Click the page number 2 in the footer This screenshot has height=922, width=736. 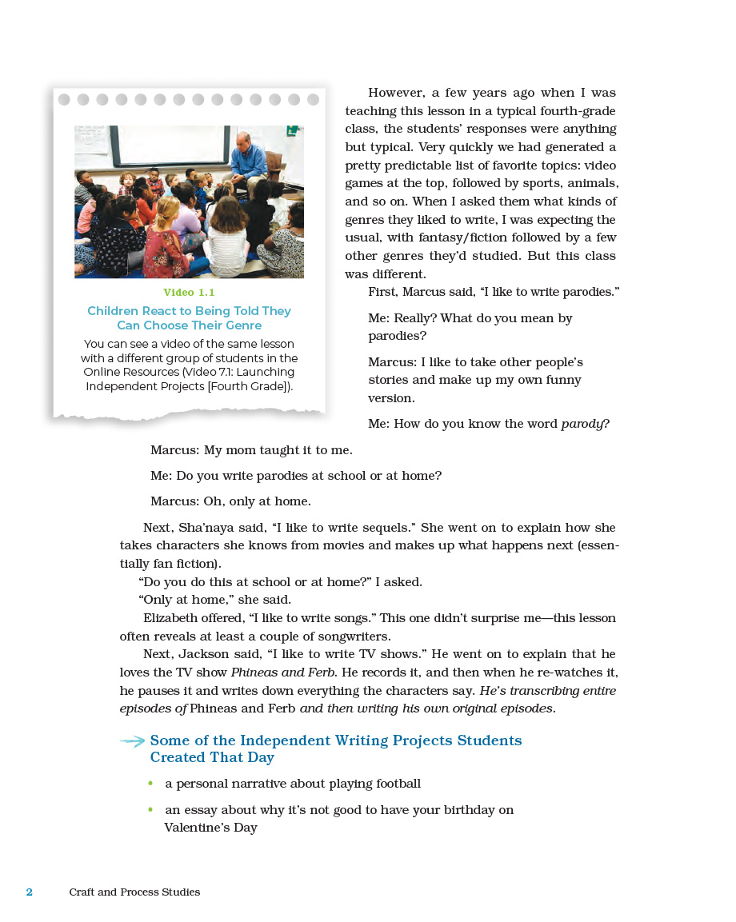[30, 892]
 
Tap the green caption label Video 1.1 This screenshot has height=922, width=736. [189, 293]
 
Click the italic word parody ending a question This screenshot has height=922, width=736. [582, 424]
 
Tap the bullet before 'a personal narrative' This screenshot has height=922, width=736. [150, 784]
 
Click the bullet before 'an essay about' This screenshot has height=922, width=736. [150, 810]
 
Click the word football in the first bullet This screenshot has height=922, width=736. [394, 784]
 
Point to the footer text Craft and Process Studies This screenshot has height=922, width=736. [134, 892]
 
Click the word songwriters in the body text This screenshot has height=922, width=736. [352, 637]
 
